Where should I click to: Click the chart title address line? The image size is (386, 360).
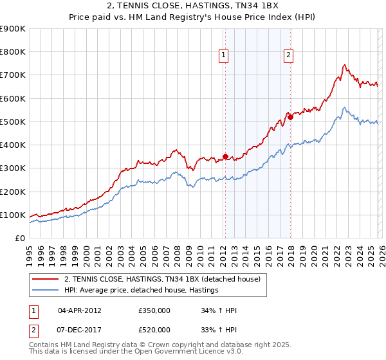pos(193,6)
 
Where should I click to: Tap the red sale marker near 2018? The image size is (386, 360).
pos(290,117)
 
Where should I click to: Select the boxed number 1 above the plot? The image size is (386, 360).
pos(223,56)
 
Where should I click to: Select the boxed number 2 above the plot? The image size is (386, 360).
pos(288,56)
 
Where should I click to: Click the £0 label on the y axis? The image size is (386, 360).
pos(20,238)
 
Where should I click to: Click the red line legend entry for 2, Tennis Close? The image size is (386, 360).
pos(161,279)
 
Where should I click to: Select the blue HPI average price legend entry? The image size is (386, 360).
pos(141,290)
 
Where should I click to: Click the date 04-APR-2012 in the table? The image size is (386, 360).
pos(79,310)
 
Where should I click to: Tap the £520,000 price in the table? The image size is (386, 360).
pos(154,330)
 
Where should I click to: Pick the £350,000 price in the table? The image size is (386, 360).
pos(154,310)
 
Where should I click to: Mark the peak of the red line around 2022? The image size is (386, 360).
pos(345,65)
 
